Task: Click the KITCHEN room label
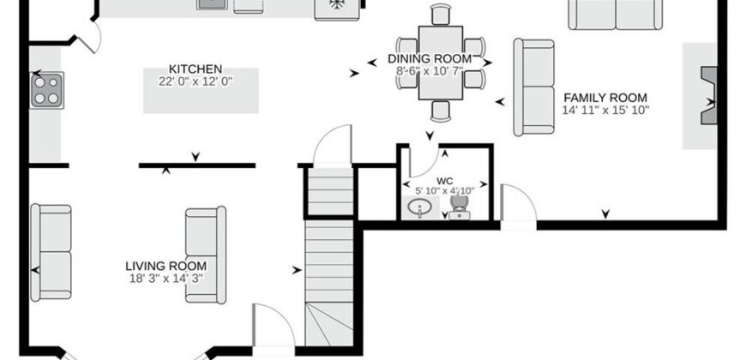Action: pyautogui.click(x=196, y=69)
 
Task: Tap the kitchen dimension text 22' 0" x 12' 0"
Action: pyautogui.click(x=196, y=81)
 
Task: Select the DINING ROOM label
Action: pyautogui.click(x=430, y=59)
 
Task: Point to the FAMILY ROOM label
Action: pyautogui.click(x=605, y=98)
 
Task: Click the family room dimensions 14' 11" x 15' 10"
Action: pyautogui.click(x=605, y=111)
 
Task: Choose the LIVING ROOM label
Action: pyautogui.click(x=166, y=266)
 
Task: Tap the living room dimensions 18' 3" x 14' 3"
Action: pyautogui.click(x=166, y=279)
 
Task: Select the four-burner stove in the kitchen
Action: pyautogui.click(x=46, y=90)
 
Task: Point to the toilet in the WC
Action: pyautogui.click(x=460, y=207)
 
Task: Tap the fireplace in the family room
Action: pyautogui.click(x=708, y=96)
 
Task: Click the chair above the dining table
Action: pyautogui.click(x=441, y=15)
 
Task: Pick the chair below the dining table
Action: pyautogui.click(x=441, y=111)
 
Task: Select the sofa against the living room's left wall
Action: pyautogui.click(x=51, y=253)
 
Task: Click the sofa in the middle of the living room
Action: pyautogui.click(x=206, y=255)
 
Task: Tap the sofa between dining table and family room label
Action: pyautogui.click(x=534, y=87)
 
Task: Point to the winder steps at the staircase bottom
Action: pyautogui.click(x=328, y=324)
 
